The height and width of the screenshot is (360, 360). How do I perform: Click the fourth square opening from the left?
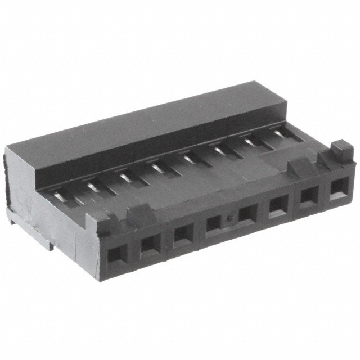214,224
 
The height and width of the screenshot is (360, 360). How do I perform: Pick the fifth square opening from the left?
246,214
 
